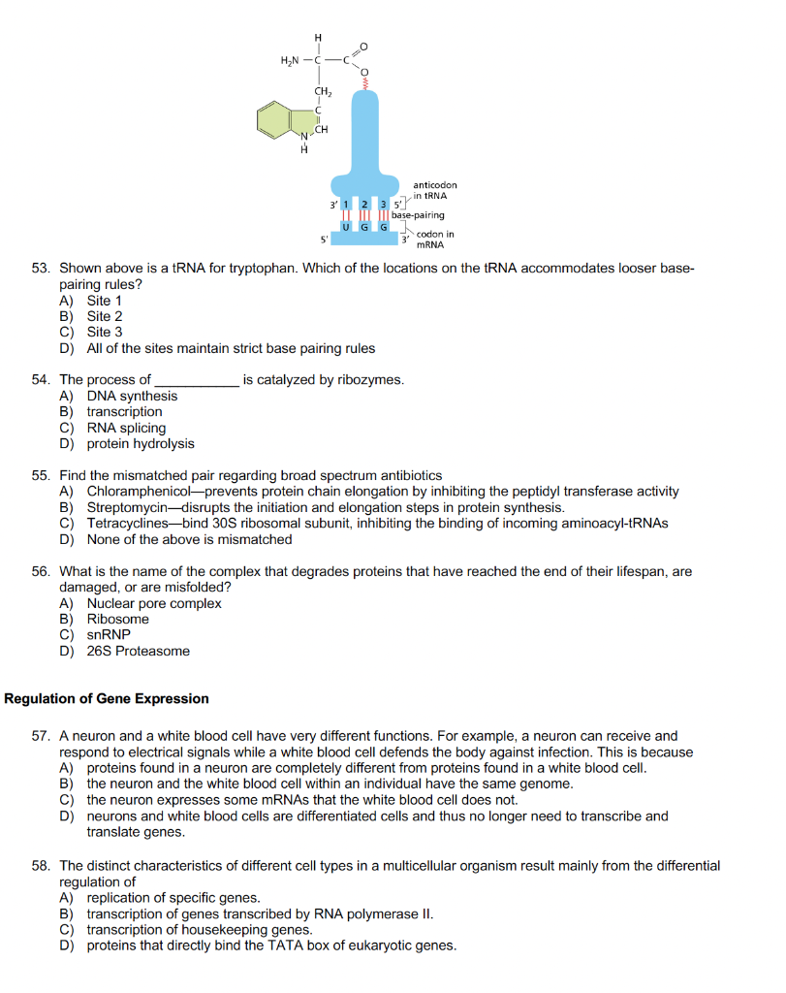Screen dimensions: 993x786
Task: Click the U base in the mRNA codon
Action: tap(346, 225)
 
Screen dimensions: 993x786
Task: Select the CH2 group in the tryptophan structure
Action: tap(323, 92)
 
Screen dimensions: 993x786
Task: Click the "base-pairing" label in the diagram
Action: tap(419, 215)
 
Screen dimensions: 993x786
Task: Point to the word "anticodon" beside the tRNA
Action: tap(434, 184)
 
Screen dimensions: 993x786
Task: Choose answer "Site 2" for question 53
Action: tap(105, 316)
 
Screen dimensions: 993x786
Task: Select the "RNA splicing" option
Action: tap(126, 428)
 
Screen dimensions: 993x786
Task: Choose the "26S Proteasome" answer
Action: tap(138, 651)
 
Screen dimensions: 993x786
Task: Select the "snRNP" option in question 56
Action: tap(109, 635)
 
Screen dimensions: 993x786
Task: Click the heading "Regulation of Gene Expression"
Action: tap(107, 698)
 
